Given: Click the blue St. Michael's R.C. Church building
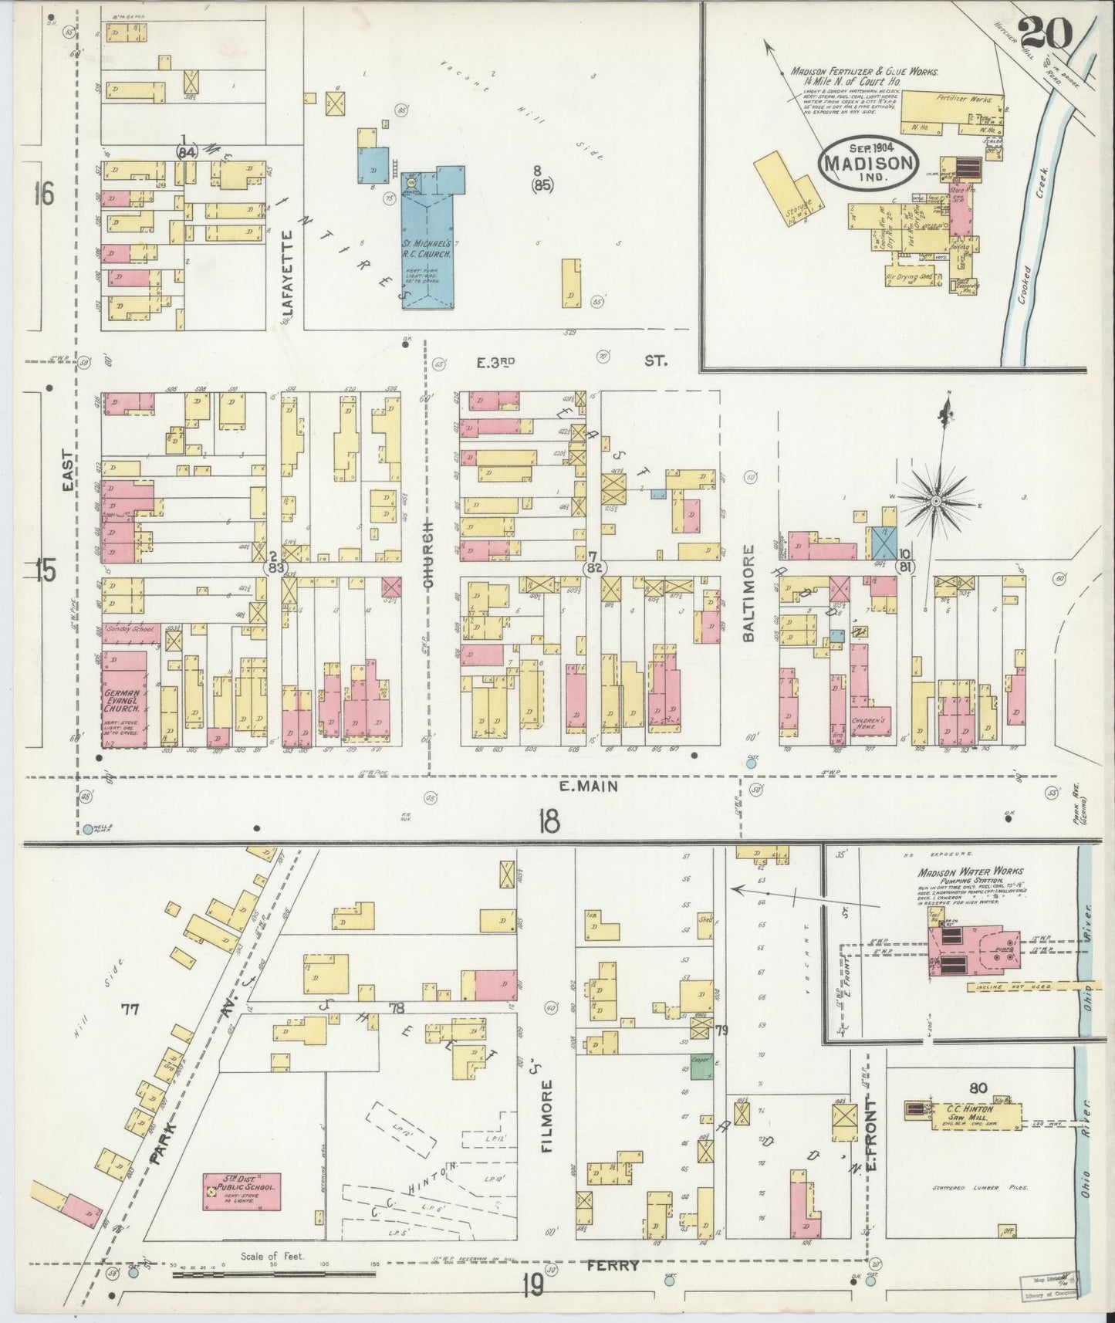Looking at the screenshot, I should pyautogui.click(x=429, y=251).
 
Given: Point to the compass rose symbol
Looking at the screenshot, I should pyautogui.click(x=936, y=502).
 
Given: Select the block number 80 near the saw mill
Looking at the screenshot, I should pyautogui.click(x=978, y=1088).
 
